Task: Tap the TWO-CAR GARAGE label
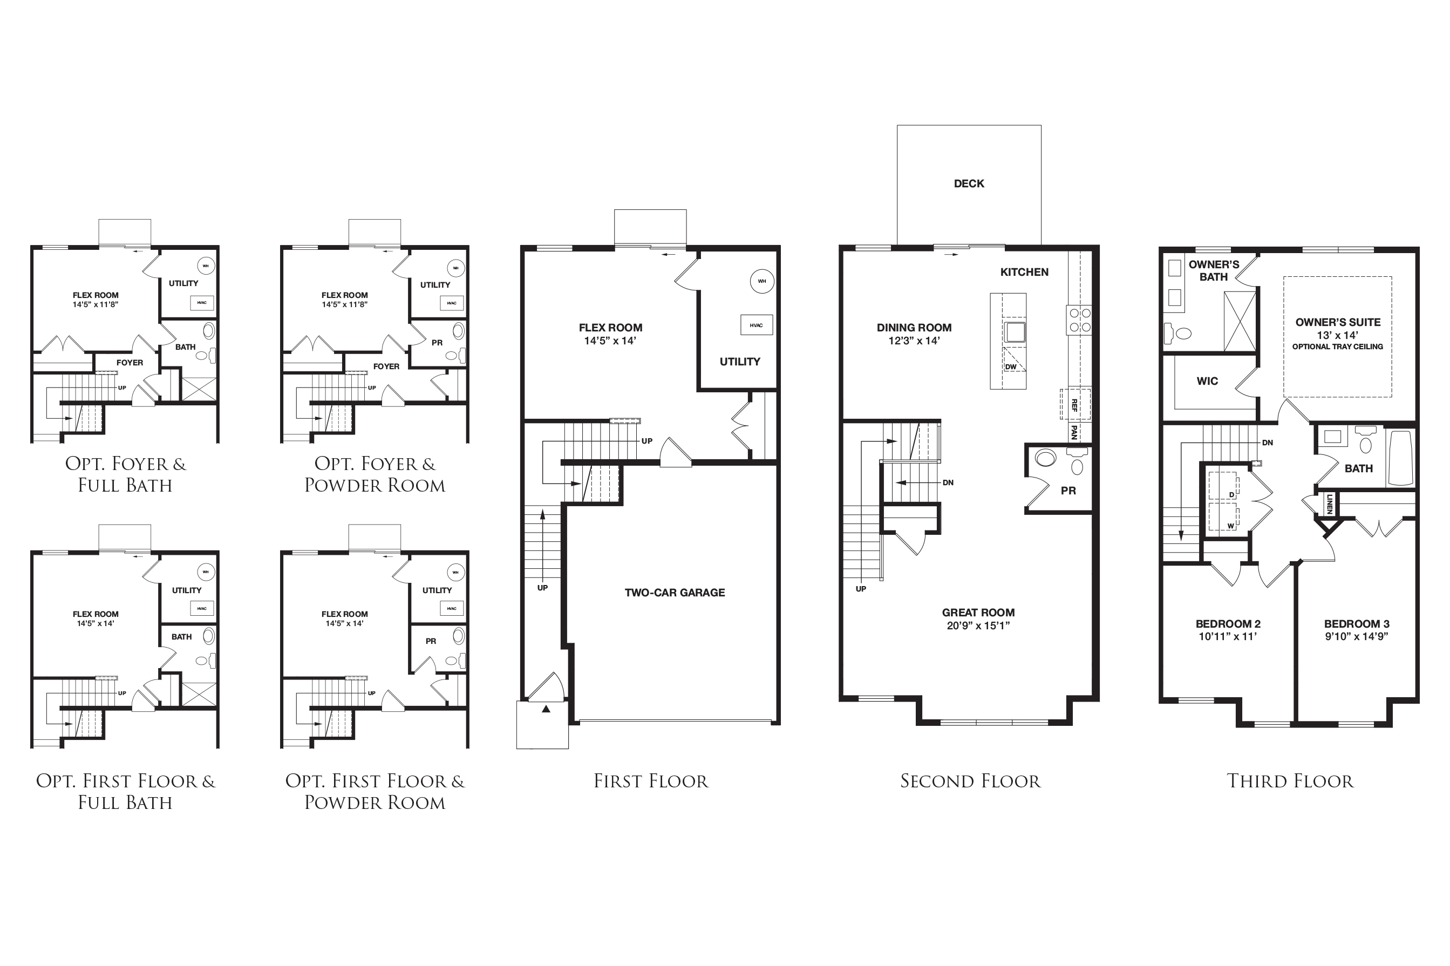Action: point(675,593)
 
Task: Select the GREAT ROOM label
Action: point(978,613)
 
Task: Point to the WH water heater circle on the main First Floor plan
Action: point(762,282)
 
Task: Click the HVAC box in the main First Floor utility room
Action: point(757,325)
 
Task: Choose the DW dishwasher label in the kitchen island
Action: point(1011,366)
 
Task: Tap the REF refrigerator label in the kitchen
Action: point(1074,405)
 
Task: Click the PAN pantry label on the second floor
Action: point(1074,432)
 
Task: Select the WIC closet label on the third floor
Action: point(1207,382)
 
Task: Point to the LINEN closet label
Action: point(1329,504)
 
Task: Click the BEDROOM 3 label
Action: point(1357,623)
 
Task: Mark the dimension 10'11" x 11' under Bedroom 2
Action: point(1228,636)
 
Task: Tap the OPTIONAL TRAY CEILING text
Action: point(1337,347)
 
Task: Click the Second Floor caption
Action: point(970,781)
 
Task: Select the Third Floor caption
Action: point(1290,781)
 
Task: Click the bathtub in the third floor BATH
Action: point(1401,458)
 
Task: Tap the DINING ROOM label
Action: point(914,328)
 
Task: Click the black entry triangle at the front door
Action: point(546,709)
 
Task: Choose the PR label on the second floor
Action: point(1068,491)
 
